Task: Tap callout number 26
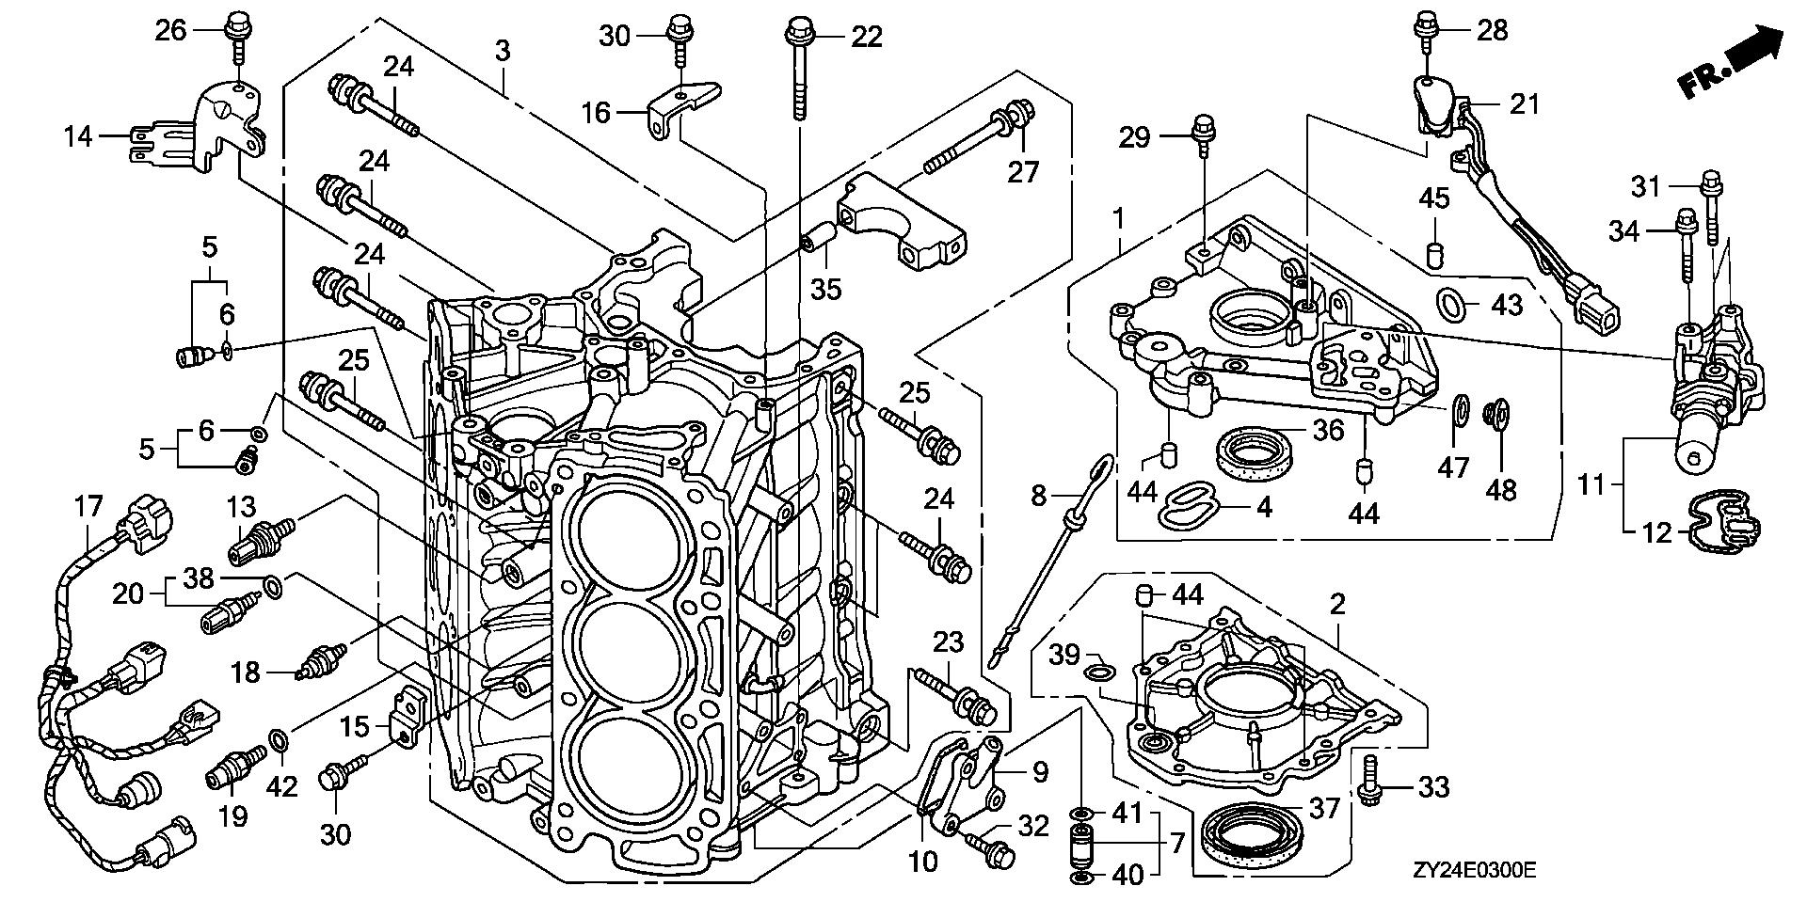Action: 170,31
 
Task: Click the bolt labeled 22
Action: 797,71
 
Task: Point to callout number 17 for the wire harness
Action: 88,508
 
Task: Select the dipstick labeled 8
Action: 1054,555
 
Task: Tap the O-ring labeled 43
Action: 1450,303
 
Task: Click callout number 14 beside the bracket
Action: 78,137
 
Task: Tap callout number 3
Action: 503,51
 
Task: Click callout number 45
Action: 1434,199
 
